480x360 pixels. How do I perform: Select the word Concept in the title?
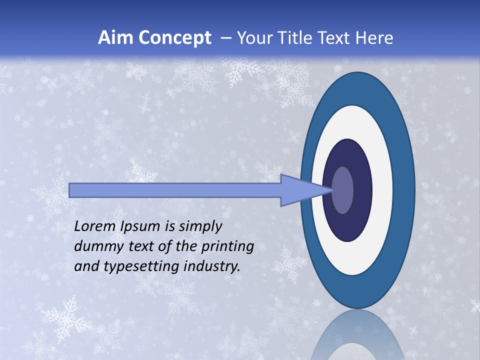pyautogui.click(x=174, y=38)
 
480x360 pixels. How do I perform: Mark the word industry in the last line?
pyautogui.click(x=211, y=266)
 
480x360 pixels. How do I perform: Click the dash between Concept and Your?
pyautogui.click(x=225, y=38)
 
